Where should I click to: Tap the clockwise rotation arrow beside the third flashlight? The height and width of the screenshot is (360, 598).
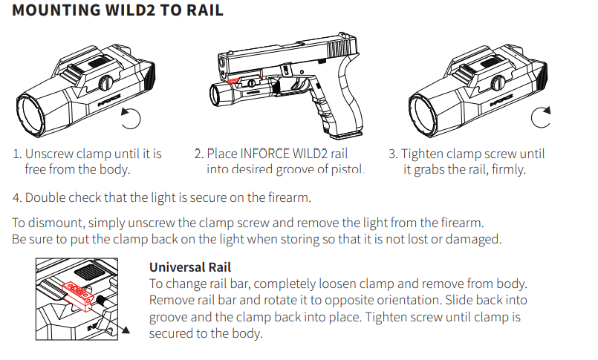(542, 117)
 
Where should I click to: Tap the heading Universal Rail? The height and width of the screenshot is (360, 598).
(191, 267)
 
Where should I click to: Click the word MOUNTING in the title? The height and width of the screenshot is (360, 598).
(48, 12)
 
